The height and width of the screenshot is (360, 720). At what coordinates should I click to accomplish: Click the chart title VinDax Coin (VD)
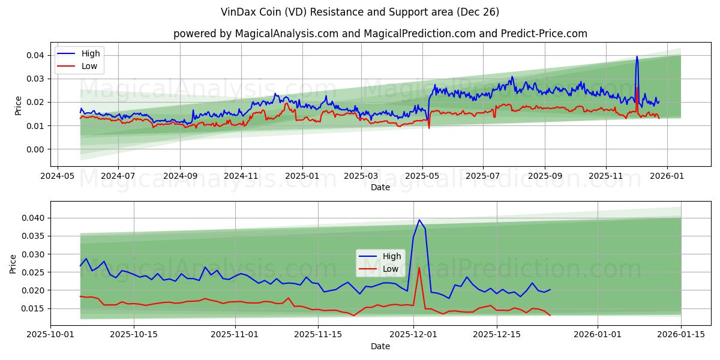pyautogui.click(x=360, y=12)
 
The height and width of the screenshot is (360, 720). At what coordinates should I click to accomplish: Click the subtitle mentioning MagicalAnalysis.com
pyautogui.click(x=380, y=34)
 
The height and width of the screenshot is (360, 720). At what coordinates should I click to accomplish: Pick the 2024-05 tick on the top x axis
pyautogui.click(x=57, y=176)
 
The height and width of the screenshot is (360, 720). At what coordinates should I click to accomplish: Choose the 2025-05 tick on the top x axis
pyautogui.click(x=422, y=176)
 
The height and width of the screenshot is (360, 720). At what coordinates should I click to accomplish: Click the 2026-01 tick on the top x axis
pyautogui.click(x=667, y=176)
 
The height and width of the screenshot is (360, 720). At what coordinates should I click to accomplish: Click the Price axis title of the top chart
pyautogui.click(x=18, y=106)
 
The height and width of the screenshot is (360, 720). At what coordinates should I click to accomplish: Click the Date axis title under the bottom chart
pyautogui.click(x=380, y=346)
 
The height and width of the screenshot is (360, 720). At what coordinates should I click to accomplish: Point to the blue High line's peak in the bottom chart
pyautogui.click(x=419, y=220)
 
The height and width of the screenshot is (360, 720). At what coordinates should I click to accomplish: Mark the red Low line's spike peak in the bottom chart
pyautogui.click(x=419, y=268)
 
